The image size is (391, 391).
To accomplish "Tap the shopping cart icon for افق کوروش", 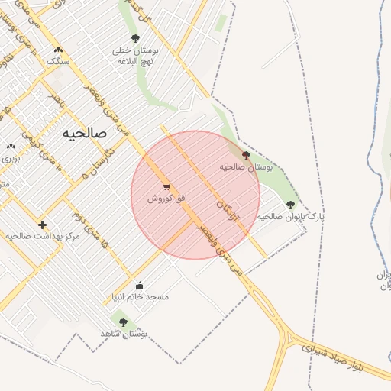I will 166,187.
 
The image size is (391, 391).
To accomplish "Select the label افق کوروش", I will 167,199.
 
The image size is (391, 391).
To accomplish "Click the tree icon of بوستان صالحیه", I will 245,155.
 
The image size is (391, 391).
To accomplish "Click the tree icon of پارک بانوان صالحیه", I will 289,204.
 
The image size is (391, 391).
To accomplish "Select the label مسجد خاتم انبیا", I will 141,296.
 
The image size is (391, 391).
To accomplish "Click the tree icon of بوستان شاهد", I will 123,322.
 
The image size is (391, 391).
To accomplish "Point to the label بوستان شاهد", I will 124,334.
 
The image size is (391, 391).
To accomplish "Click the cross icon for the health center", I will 42,225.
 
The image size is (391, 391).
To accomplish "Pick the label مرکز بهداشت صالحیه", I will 43,237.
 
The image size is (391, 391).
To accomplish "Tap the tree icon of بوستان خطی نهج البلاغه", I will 135,38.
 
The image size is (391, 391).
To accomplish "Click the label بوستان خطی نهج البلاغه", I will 134,55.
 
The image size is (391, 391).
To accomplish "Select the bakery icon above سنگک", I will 58,50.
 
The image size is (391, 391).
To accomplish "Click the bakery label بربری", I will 10,158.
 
